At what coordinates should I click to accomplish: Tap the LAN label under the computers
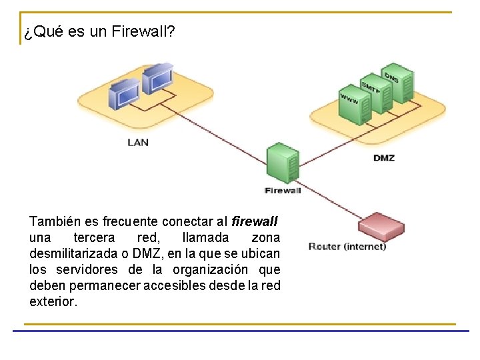138,142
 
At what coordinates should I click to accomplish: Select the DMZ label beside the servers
384,158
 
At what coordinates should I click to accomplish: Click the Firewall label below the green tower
283,191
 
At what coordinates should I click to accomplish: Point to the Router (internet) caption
347,247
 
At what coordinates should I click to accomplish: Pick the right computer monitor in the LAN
157,77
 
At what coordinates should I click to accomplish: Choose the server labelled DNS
397,83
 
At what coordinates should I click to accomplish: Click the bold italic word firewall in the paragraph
255,221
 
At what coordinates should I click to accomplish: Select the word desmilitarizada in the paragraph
70,254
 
